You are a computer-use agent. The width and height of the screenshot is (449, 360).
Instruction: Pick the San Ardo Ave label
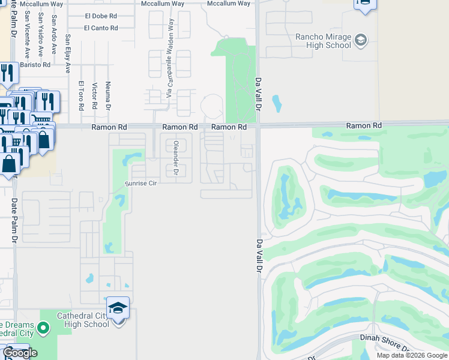(x=54, y=37)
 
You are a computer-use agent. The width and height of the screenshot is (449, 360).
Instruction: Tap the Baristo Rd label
(x=35, y=64)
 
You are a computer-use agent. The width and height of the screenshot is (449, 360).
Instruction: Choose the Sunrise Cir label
(x=140, y=183)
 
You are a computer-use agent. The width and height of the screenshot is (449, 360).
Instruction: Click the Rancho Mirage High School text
(x=323, y=40)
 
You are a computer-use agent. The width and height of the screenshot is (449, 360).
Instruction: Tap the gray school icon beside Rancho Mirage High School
(x=361, y=41)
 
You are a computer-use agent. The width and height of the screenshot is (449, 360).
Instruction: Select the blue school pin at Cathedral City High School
(x=118, y=308)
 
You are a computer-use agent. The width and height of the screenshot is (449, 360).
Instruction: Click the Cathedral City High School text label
(x=83, y=320)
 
